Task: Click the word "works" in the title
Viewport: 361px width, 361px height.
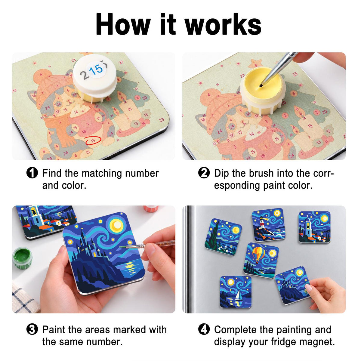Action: click(223, 25)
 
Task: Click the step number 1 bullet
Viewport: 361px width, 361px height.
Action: click(32, 173)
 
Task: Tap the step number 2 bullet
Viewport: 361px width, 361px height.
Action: click(204, 173)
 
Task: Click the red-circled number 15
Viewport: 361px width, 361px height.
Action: click(93, 140)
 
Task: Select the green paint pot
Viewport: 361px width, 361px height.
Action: click(22, 258)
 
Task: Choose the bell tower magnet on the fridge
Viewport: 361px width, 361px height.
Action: click(314, 227)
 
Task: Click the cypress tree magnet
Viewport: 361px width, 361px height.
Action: click(223, 237)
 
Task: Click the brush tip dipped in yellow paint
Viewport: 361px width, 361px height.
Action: click(261, 86)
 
